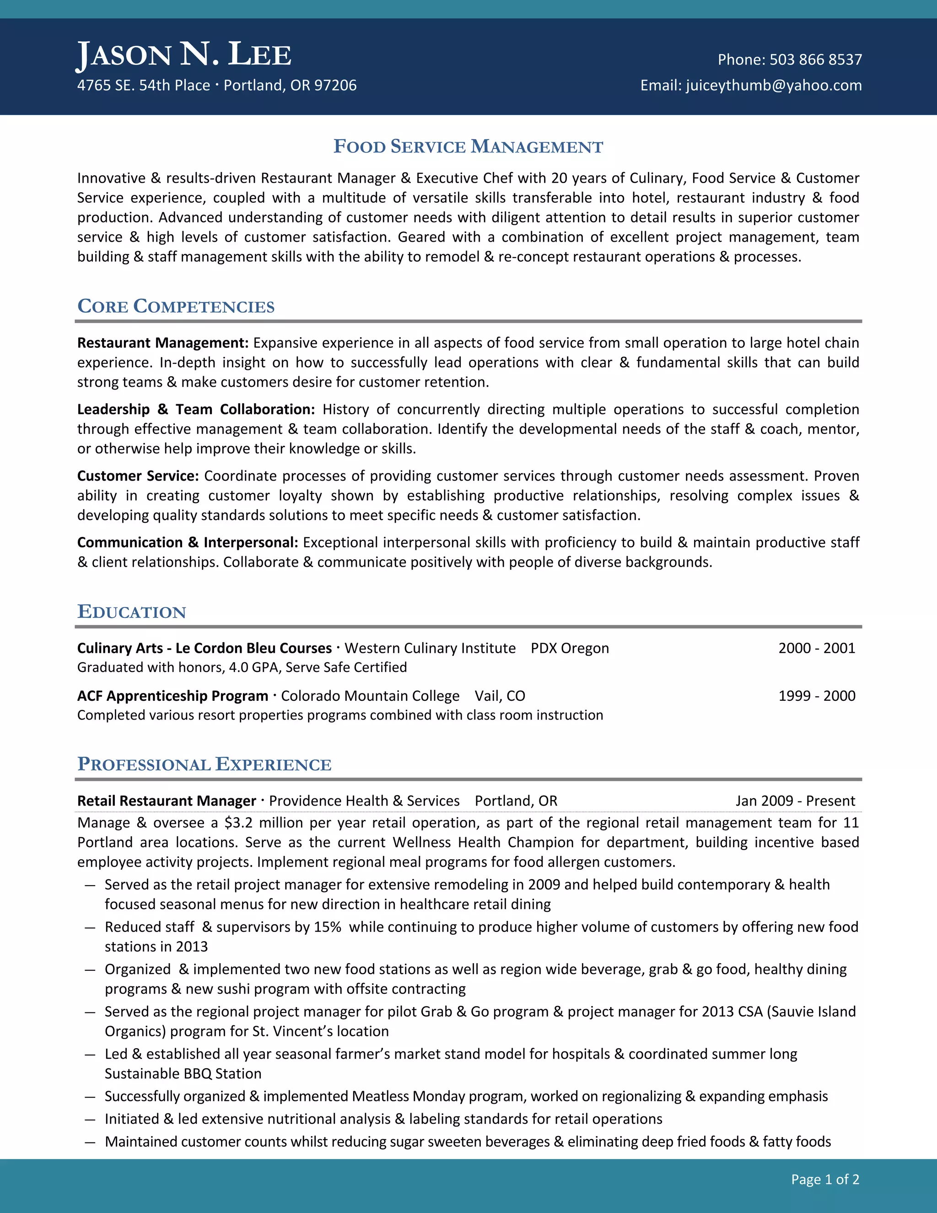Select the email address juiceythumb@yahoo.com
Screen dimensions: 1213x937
tap(774, 85)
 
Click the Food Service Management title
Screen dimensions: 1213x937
tap(468, 146)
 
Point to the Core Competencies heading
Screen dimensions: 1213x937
tap(176, 306)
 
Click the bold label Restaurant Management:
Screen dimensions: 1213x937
tap(162, 343)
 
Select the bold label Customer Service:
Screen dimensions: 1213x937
tap(138, 476)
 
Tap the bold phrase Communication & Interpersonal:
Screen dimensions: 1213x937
tap(188, 542)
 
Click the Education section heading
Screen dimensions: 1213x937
tap(132, 612)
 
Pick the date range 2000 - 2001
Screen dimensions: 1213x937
tap(817, 648)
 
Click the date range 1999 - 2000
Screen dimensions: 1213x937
tap(817, 696)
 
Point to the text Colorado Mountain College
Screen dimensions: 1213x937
tap(370, 696)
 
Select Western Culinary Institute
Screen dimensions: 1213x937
tap(430, 648)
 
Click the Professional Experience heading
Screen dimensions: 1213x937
tap(204, 764)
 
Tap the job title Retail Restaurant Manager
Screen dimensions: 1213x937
tap(167, 801)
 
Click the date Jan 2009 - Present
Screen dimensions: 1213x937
tap(795, 801)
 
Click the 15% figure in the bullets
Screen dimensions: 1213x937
tap(328, 927)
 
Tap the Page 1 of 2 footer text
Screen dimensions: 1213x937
tap(825, 1179)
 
